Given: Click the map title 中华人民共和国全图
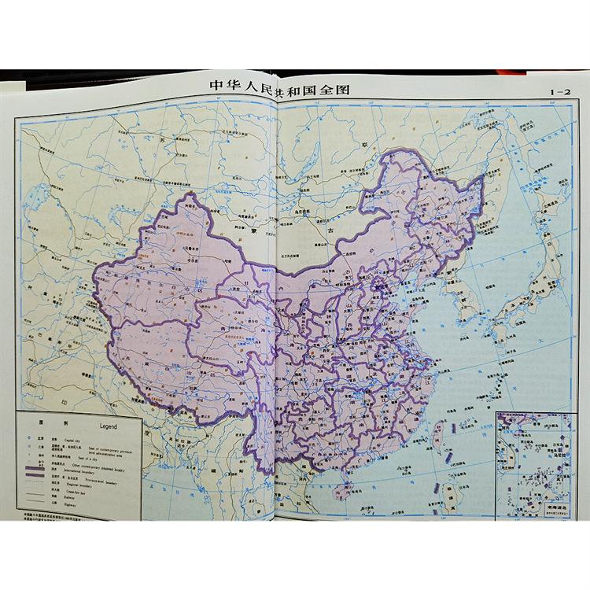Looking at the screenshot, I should [x=278, y=87].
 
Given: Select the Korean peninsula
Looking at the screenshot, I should [x=463, y=303].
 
